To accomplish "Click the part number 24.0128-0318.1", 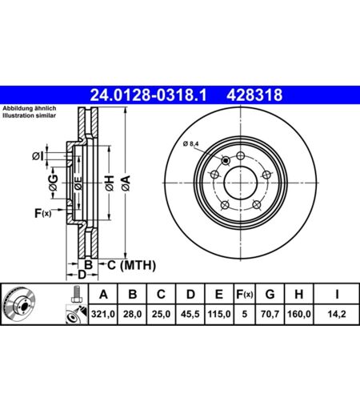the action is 148,95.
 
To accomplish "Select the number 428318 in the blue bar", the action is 254,95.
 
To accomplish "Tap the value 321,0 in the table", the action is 103,314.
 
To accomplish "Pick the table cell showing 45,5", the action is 190,314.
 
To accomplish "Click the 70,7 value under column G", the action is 270,314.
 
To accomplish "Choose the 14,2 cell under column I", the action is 337,314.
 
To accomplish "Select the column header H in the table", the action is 299,294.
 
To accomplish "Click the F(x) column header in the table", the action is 245,294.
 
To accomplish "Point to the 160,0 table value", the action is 299,314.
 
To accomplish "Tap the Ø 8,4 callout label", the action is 191,144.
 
